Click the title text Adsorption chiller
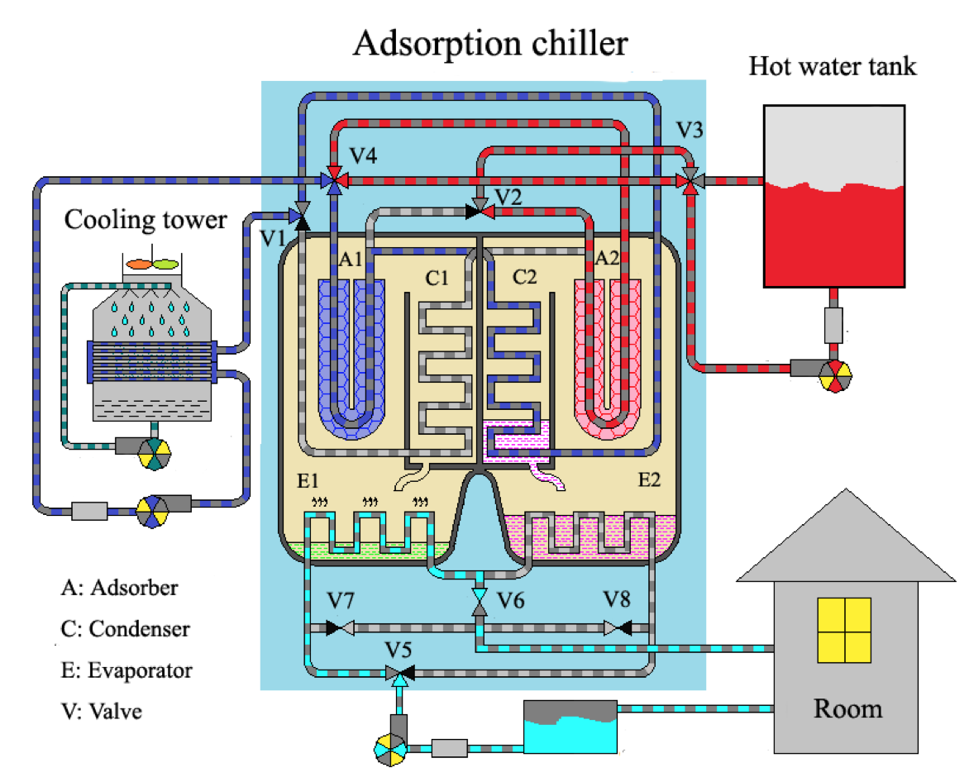point(490,43)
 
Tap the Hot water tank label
point(833,66)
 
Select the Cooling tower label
point(146,220)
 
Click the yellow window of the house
point(844,631)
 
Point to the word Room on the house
point(847,708)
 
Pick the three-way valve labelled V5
point(400,672)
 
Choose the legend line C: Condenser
point(126,629)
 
